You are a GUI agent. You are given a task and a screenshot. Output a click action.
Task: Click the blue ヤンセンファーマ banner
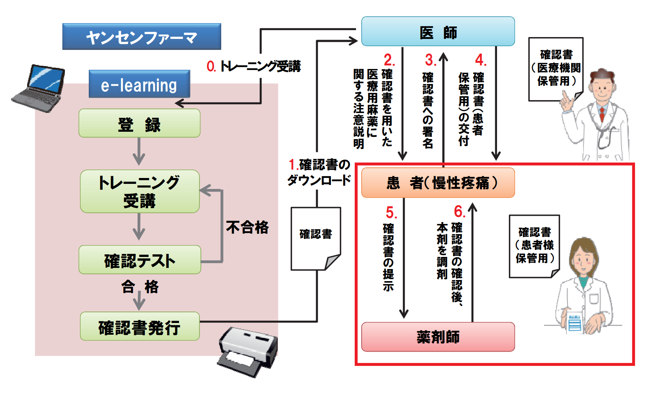click(142, 37)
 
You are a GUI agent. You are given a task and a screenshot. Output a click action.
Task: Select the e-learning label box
click(139, 84)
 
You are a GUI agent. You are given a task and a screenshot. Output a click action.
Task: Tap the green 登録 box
click(139, 123)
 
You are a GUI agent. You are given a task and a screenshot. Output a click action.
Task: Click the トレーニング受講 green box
click(139, 191)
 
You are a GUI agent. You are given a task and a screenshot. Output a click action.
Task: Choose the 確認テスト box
click(139, 260)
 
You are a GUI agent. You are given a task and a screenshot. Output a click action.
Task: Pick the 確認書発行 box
click(139, 327)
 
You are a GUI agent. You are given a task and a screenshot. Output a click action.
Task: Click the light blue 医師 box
click(438, 32)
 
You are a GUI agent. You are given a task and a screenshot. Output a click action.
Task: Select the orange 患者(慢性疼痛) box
click(438, 183)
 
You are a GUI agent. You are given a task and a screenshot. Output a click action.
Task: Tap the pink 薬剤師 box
click(438, 337)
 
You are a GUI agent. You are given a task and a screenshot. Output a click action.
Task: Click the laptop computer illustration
click(39, 88)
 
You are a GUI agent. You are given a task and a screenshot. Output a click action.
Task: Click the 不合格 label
click(247, 227)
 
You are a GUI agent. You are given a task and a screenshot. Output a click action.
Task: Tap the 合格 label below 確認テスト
click(139, 286)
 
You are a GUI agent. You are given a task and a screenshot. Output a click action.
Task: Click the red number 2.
click(389, 60)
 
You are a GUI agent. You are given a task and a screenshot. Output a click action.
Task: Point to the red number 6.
click(459, 212)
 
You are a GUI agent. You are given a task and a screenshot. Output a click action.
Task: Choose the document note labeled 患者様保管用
click(534, 246)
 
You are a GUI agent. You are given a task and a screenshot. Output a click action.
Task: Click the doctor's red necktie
click(602, 114)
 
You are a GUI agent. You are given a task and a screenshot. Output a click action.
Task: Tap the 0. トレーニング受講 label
click(253, 66)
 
